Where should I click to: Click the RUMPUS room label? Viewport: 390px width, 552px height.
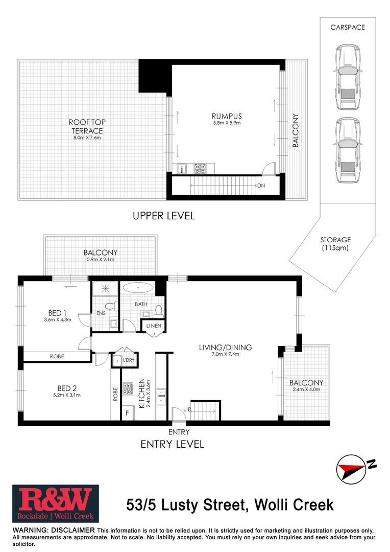pos(226,116)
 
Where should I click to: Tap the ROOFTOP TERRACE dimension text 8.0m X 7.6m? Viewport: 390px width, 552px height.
pos(87,138)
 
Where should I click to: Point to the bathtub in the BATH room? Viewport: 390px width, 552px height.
pos(138,289)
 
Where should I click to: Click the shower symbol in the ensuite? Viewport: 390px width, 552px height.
pos(104,289)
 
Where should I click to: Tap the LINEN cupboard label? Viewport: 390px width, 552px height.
pos(154,326)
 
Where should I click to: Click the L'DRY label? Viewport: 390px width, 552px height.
pos(128,360)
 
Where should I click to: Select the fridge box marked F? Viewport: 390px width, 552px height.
pos(127,412)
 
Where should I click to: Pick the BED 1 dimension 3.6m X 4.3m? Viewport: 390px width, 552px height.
pos(57,320)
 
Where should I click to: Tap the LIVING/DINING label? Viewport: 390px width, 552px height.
pos(225,348)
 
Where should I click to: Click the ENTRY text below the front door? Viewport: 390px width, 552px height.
pos(179,432)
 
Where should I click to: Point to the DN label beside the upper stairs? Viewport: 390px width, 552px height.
pos(261,185)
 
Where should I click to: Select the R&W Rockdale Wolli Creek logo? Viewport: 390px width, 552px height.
pos(55,503)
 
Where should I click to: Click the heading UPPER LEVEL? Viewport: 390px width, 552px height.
pos(164,216)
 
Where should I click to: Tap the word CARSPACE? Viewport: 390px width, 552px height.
pos(347,27)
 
